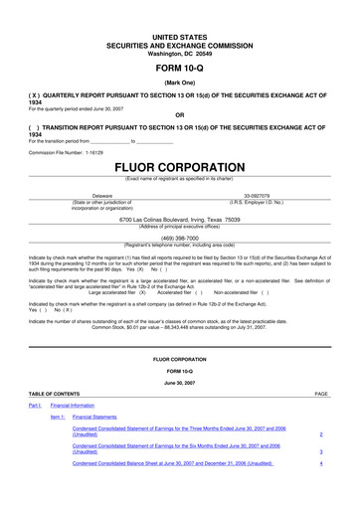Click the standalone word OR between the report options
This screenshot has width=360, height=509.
point(180,112)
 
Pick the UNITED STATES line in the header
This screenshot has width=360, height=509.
point(180,8)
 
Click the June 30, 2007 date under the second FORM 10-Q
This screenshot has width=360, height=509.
point(179,380)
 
